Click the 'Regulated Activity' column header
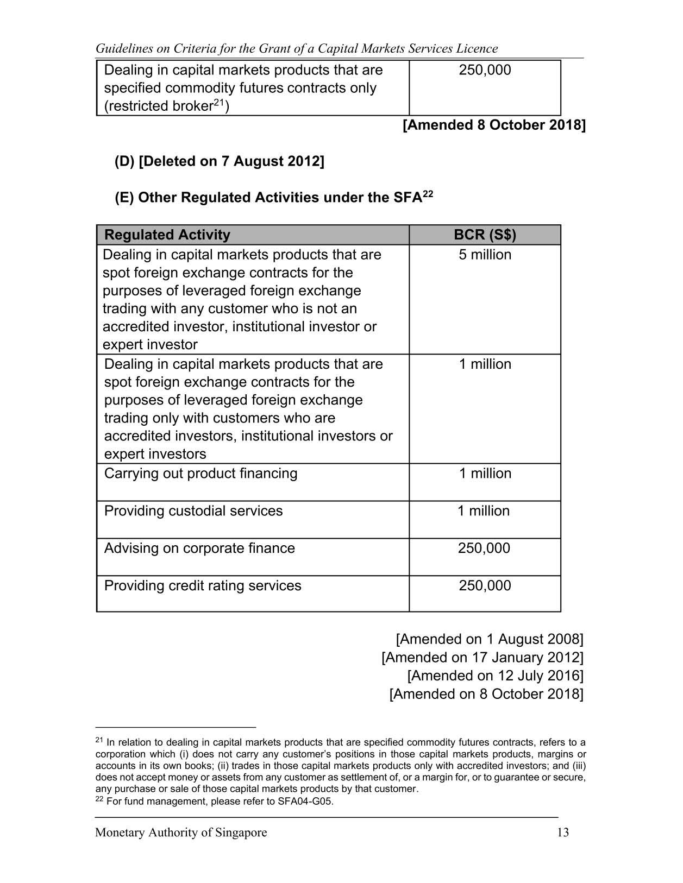click(167, 235)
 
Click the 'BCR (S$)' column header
click(485, 235)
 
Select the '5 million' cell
click(485, 255)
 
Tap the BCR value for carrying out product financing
click(485, 474)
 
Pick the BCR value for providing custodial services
click(484, 511)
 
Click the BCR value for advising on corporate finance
click(484, 548)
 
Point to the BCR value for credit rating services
click(485, 586)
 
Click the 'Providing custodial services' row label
click(193, 511)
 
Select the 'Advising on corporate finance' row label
click(199, 548)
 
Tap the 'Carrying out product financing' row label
click(200, 474)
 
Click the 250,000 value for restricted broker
click(485, 71)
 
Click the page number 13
click(563, 832)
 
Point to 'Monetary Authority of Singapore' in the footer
click(181, 832)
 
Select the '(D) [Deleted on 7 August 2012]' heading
click(219, 161)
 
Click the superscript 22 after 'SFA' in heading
click(428, 193)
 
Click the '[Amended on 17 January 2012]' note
click(482, 658)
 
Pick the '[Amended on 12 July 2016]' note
click(495, 676)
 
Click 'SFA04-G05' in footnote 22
click(305, 802)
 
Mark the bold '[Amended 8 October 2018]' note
click(494, 125)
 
